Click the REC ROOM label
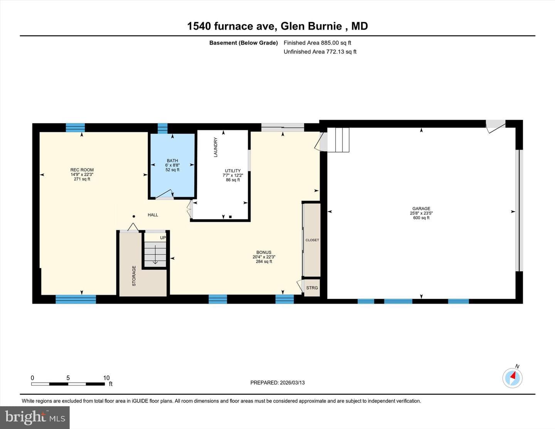coord(82,170)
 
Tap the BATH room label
coord(172,161)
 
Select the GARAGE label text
coord(421,209)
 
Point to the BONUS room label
coord(264,252)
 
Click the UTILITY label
coord(233,171)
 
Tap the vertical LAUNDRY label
coord(215,147)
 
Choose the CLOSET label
coord(312,240)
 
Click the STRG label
coord(312,288)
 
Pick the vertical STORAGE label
coord(134,276)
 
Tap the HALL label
coord(153,215)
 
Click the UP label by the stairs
coord(163,238)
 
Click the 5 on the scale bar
coord(68,378)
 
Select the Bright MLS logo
coord(35,417)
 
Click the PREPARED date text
coord(277,383)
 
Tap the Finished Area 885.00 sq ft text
coord(317,43)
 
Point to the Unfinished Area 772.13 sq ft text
coord(320,52)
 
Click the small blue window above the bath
coord(162,128)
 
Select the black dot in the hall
coord(134,217)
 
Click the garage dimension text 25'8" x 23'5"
coord(421,213)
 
